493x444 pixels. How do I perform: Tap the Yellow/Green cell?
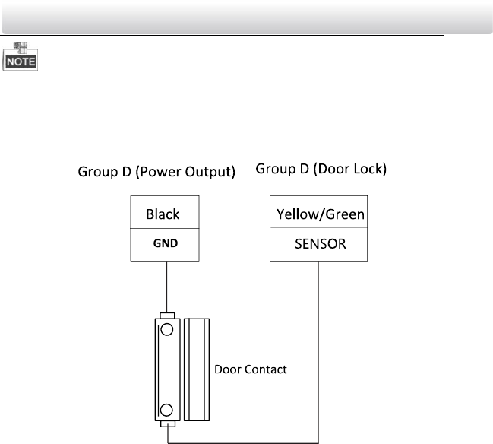(319, 214)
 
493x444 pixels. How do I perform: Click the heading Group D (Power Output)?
(156, 173)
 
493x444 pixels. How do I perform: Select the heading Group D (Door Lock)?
(321, 169)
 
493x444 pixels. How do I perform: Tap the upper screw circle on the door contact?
(166, 331)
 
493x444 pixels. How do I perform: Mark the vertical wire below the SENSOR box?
(319, 342)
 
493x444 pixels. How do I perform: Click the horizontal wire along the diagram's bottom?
(243, 438)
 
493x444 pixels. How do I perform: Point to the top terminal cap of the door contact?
(166, 315)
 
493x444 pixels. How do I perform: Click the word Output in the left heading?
(207, 173)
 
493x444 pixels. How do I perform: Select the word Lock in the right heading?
(368, 169)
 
